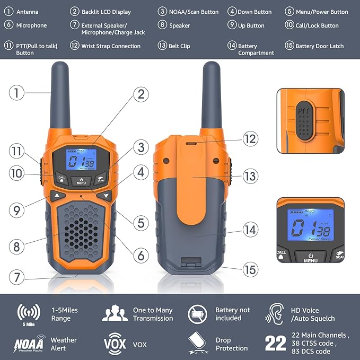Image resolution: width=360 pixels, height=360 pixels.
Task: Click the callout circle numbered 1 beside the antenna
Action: tap(17, 93)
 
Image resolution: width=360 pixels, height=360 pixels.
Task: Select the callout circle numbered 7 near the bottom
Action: tap(17, 276)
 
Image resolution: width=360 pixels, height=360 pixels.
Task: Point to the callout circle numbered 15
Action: tap(250, 269)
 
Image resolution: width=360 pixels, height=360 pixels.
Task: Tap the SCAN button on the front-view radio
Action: tap(101, 179)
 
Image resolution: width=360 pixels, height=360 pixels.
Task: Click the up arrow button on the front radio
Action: tap(57, 196)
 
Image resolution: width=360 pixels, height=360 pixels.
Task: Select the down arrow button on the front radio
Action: tap(107, 196)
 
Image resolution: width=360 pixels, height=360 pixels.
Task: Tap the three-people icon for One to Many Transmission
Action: tap(115, 313)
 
